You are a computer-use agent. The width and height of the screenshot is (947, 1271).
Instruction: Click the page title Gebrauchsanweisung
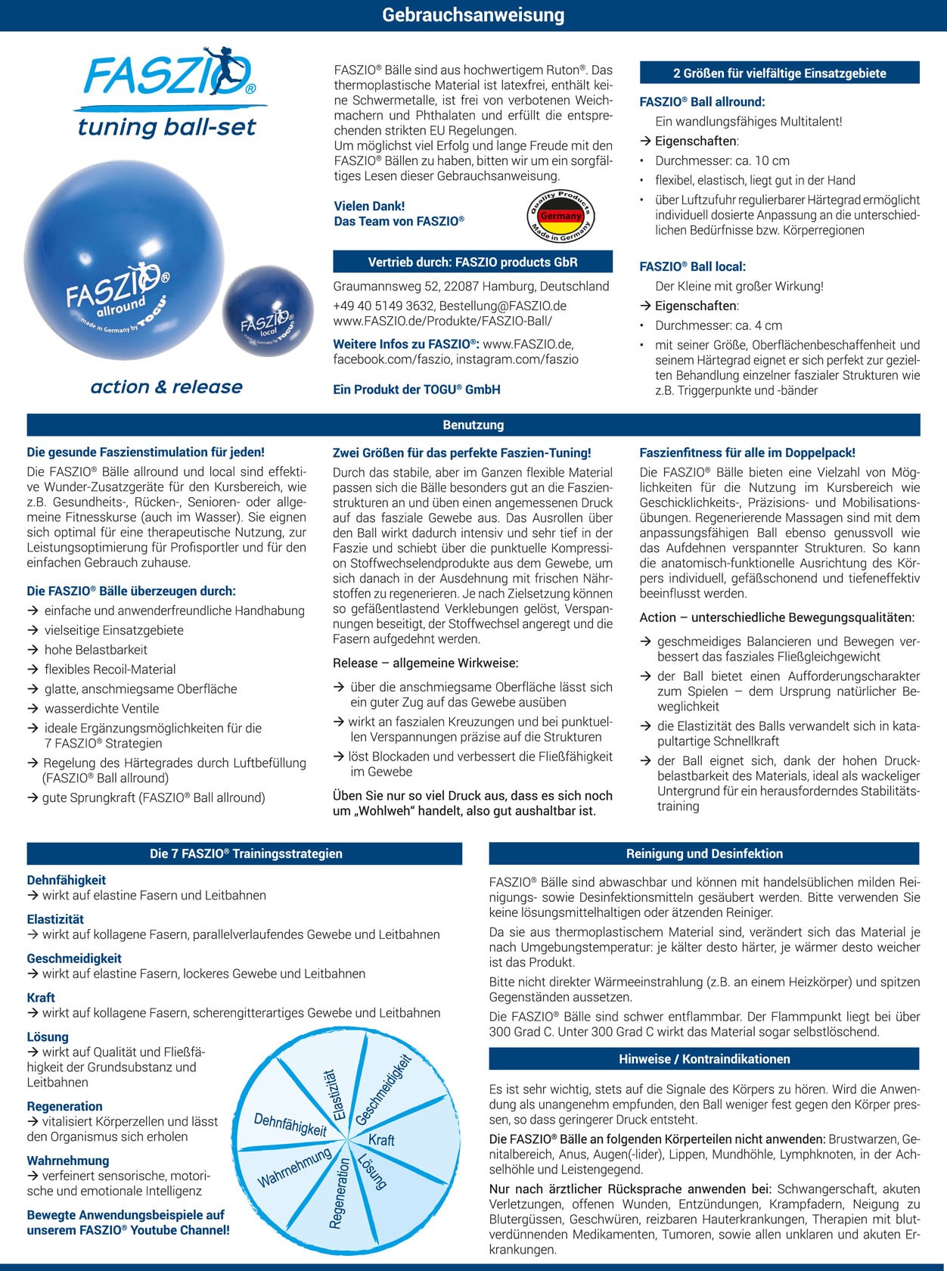(473, 15)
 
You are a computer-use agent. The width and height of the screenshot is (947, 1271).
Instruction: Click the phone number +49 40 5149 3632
(383, 306)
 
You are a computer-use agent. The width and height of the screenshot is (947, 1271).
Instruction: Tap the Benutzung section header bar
(473, 424)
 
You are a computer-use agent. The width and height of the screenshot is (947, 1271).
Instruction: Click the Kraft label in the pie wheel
(381, 1139)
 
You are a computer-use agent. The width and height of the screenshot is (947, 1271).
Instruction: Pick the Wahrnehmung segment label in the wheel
(294, 1167)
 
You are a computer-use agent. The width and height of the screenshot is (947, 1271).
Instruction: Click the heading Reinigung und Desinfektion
(704, 853)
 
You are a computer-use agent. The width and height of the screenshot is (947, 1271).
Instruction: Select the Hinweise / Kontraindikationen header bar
(704, 1059)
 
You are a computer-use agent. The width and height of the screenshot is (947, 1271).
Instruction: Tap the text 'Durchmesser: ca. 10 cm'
(722, 160)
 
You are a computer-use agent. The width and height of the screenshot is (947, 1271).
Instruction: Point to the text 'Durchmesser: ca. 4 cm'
(719, 325)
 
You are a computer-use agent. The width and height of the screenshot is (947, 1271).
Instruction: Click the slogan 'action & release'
(166, 387)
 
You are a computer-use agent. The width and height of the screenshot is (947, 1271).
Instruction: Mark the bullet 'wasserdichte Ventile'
(101, 708)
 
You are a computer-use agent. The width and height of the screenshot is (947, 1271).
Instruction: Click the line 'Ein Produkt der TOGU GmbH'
(417, 389)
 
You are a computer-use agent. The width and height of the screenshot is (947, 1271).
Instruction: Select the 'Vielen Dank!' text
(369, 206)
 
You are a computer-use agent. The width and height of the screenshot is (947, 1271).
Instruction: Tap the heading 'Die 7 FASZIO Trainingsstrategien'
(246, 853)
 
